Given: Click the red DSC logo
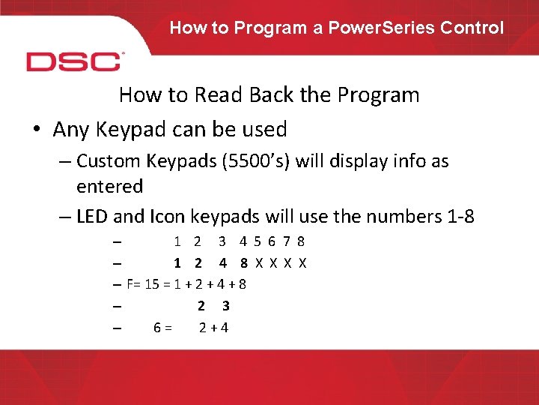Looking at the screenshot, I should [x=73, y=61].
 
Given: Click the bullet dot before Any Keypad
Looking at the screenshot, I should [x=36, y=130].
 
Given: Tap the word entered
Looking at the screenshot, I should [x=109, y=186].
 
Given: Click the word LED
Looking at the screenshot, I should [x=92, y=217].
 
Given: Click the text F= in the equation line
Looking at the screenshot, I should [x=135, y=284].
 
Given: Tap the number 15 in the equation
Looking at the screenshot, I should [x=151, y=284].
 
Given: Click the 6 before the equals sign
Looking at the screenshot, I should [x=157, y=327].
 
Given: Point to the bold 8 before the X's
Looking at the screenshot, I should [x=244, y=263].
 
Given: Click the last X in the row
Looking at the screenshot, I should [x=303, y=263].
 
